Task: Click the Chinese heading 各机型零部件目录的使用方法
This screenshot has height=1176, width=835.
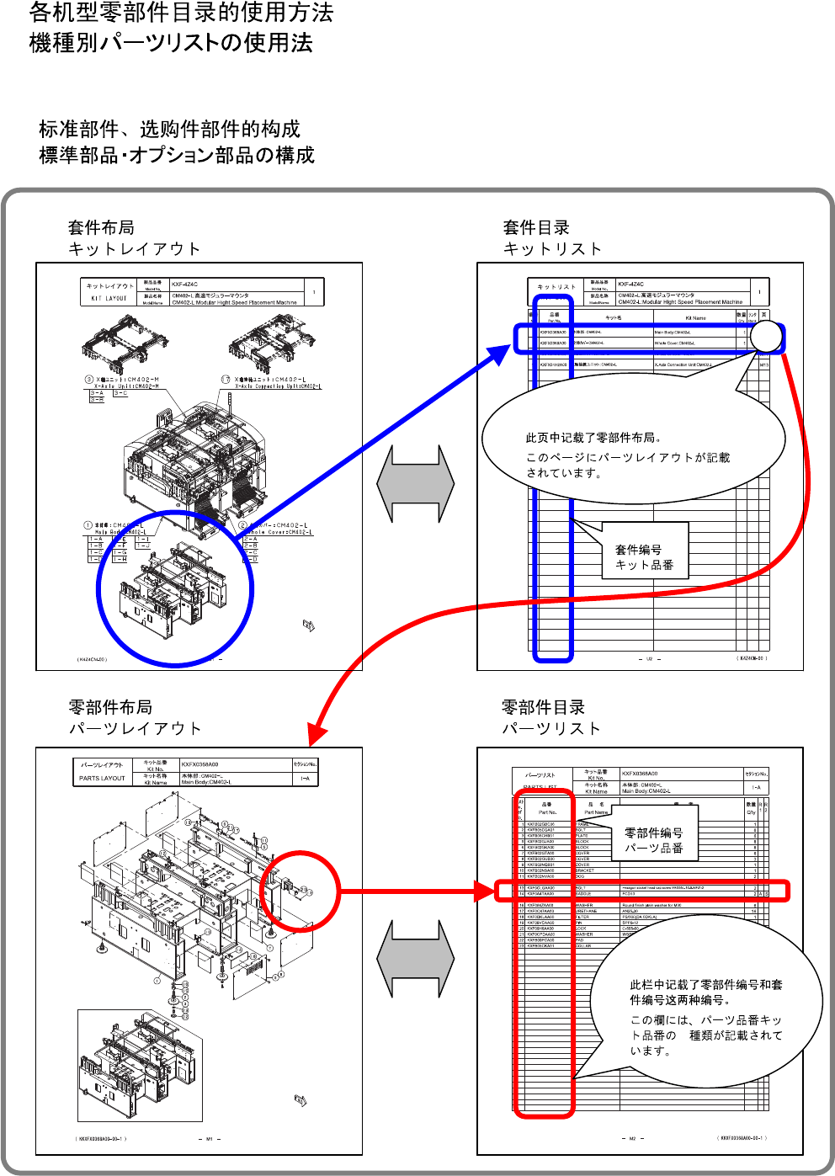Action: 181,13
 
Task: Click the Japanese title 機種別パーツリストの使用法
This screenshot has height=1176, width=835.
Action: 171,43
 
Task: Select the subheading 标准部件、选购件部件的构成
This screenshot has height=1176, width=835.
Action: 169,129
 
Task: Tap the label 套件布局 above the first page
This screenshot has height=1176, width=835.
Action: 101,227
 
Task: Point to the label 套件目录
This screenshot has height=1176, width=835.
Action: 536,227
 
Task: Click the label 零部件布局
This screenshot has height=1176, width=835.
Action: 110,707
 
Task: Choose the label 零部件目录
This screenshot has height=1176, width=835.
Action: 543,707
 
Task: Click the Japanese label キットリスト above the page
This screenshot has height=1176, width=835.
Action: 552,248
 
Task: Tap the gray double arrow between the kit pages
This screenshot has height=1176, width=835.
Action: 416,485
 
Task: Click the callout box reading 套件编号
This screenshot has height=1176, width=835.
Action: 645,556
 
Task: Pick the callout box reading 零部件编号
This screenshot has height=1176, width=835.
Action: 654,840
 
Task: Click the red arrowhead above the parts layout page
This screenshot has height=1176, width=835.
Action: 316,735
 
